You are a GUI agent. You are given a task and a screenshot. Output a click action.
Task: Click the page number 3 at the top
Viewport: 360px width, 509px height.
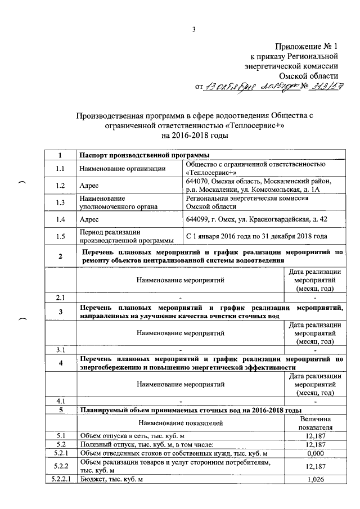[x=193, y=30]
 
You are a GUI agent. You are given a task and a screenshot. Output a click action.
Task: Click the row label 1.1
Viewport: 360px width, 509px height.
[x=60, y=168]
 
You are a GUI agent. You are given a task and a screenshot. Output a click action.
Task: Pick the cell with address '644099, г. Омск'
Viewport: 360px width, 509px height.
[x=255, y=219]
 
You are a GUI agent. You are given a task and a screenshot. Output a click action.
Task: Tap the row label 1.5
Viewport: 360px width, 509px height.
[x=60, y=237]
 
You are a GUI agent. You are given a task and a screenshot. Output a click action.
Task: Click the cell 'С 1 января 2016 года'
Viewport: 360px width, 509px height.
[x=256, y=237]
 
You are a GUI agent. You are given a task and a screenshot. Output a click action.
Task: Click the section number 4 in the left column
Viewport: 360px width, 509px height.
[x=60, y=363]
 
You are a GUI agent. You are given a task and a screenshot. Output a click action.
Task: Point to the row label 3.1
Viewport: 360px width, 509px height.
[x=60, y=350]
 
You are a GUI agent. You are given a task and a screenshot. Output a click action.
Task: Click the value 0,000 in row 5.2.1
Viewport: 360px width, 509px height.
[x=316, y=453]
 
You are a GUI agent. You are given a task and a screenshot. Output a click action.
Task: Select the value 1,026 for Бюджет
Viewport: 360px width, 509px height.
[x=316, y=479]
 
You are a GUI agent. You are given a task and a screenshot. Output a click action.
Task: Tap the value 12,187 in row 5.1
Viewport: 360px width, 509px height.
[x=316, y=435]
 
